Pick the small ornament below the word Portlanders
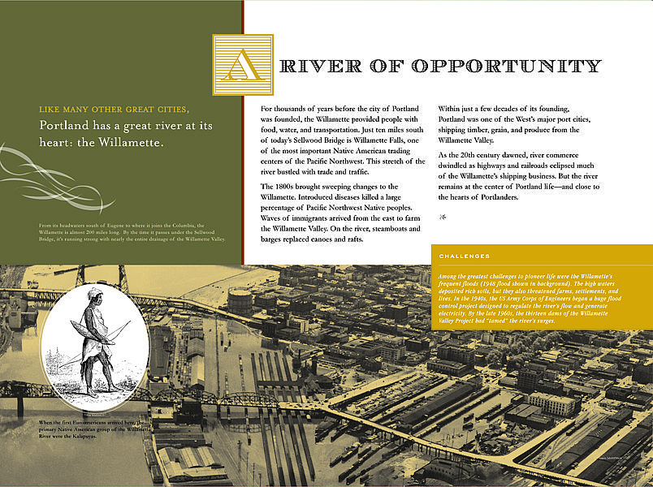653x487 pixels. (443, 215)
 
